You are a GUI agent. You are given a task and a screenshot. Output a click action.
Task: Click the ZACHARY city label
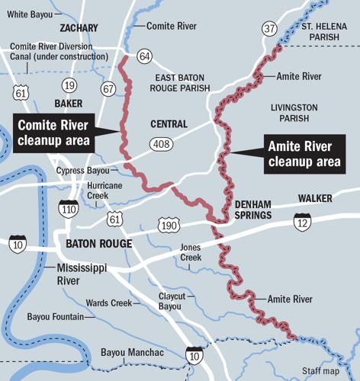click(x=79, y=28)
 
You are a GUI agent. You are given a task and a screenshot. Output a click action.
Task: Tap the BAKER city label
click(x=68, y=103)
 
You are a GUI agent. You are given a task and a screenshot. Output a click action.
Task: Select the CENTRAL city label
click(x=169, y=124)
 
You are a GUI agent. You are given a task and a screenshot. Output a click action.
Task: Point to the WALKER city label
click(x=316, y=198)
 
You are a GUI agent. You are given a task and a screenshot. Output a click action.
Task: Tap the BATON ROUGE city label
click(x=99, y=244)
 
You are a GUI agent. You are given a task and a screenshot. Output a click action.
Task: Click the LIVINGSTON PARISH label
click(x=294, y=114)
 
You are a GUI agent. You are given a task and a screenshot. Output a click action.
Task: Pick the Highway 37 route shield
click(x=269, y=29)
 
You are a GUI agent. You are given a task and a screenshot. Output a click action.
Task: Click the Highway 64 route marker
click(x=145, y=56)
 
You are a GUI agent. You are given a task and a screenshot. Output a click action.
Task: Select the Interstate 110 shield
click(x=69, y=207)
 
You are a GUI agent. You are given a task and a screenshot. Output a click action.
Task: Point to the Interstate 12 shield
click(x=302, y=222)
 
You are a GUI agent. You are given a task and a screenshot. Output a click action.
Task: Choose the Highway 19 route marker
click(x=69, y=85)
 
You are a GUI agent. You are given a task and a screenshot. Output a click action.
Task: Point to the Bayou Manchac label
click(x=132, y=352)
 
